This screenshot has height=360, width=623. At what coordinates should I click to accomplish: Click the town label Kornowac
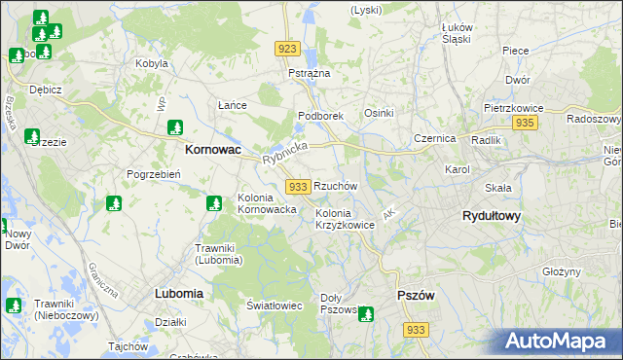pyautogui.click(x=212, y=151)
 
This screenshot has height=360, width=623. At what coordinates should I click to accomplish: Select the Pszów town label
pyautogui.click(x=416, y=295)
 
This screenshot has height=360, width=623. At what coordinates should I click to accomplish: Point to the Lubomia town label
pyautogui.click(x=178, y=292)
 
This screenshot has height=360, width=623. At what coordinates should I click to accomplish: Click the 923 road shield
pyautogui.click(x=286, y=49)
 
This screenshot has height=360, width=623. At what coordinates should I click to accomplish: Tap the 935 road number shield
pyautogui.click(x=525, y=123)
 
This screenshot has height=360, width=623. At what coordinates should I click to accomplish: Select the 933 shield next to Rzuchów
pyautogui.click(x=299, y=186)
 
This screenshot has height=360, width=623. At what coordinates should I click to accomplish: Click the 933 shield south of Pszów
pyautogui.click(x=416, y=331)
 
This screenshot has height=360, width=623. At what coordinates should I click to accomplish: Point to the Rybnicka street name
pyautogui.click(x=284, y=152)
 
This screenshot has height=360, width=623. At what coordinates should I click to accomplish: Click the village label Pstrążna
pyautogui.click(x=310, y=73)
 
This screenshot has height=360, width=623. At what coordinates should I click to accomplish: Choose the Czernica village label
pyautogui.click(x=434, y=138)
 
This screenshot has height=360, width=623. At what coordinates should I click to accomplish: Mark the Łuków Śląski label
pyautogui.click(x=457, y=33)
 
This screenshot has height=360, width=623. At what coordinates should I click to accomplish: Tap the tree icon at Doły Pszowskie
pyautogui.click(x=365, y=313)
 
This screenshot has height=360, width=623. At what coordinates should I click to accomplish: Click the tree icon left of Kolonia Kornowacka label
pyautogui.click(x=214, y=203)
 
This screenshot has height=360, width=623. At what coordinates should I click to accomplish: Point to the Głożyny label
pyautogui.click(x=562, y=271)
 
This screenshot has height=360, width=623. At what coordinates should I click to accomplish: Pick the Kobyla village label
pyautogui.click(x=153, y=64)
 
